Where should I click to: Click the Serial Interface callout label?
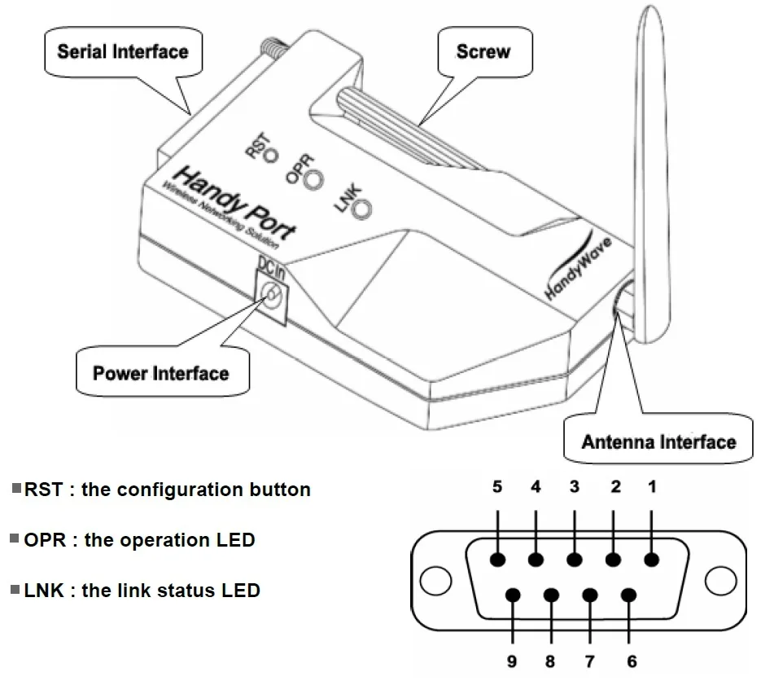click(123, 52)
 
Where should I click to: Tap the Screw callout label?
click(483, 51)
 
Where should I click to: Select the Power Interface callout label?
click(160, 374)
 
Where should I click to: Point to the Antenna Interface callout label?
click(658, 442)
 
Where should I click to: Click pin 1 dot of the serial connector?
click(652, 560)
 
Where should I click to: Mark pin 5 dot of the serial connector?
click(497, 560)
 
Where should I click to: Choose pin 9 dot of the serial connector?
click(514, 595)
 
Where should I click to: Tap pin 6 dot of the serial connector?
click(629, 595)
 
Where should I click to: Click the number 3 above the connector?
click(574, 487)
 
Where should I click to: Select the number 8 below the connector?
click(551, 661)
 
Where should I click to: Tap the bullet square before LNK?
click(15, 589)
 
